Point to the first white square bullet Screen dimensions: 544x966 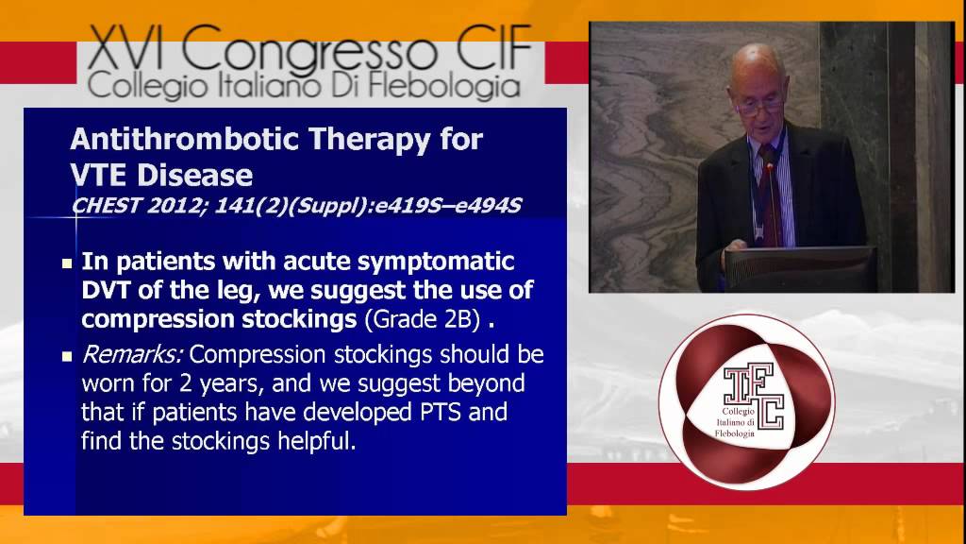[x=67, y=263]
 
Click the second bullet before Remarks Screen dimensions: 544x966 [x=67, y=358]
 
